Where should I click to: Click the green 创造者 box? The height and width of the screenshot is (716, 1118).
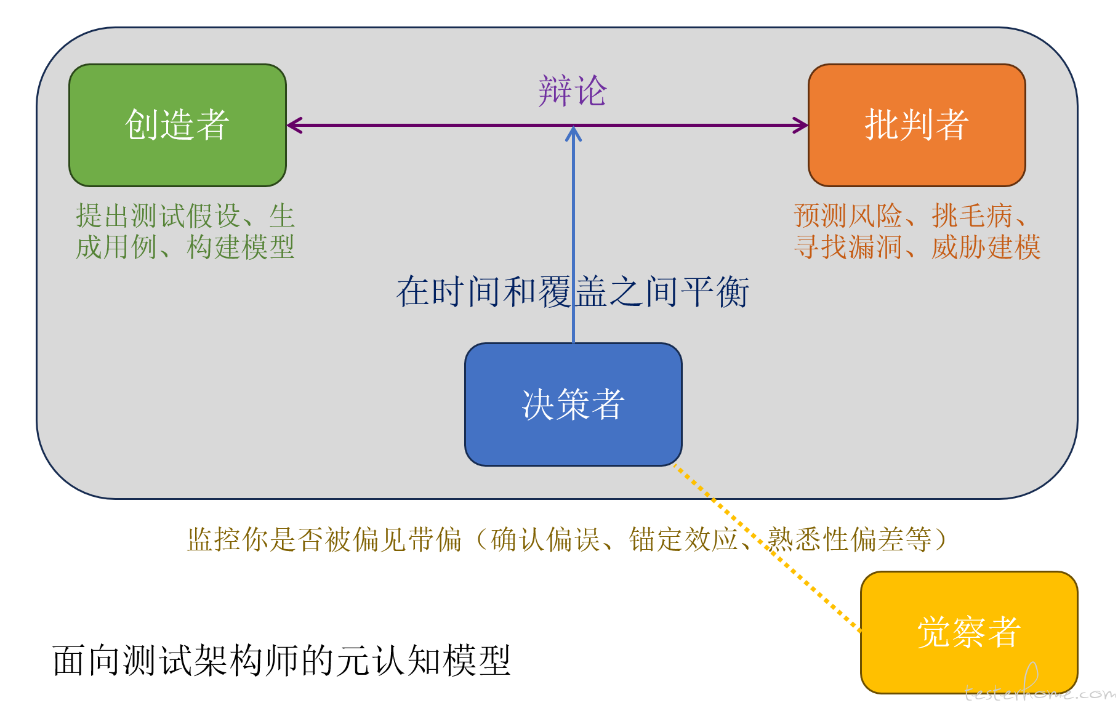coord(177,125)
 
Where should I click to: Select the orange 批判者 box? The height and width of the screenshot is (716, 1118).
coord(916,125)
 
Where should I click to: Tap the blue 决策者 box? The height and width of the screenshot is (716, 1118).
coord(573,404)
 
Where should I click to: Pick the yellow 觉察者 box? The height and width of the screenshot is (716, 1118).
coord(968,632)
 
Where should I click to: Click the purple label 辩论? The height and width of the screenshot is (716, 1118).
coord(573,91)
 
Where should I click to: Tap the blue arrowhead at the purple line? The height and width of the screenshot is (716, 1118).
coord(573,134)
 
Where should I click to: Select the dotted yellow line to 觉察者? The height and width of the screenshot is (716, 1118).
coord(770,548)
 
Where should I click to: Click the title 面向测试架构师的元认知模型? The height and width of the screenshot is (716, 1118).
coord(281,661)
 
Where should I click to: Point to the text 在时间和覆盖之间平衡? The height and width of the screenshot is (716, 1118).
coord(573,291)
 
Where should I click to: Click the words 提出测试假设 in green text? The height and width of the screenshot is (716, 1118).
coord(158,216)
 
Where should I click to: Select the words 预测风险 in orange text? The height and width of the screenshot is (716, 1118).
coord(847,216)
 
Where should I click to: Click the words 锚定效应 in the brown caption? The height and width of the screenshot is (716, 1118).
coord(683,540)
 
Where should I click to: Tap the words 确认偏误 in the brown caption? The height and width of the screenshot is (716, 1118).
coord(545,540)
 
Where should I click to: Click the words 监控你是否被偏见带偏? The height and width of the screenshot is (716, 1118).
coord(324,540)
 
